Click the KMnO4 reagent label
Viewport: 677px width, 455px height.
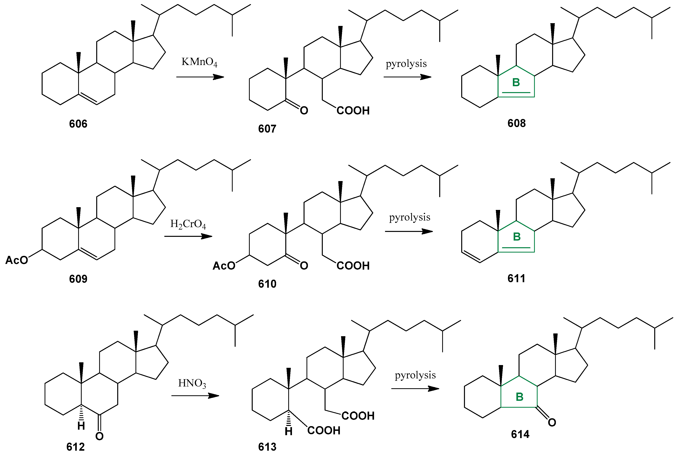199,62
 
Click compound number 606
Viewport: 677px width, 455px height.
78,124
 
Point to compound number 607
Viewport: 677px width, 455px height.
267,129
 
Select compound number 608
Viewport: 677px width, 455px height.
516,123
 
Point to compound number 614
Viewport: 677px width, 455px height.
520,434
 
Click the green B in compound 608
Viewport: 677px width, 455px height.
516,83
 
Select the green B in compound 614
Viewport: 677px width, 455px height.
520,397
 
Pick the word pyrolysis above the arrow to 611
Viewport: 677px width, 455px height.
410,217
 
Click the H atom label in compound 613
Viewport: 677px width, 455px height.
288,431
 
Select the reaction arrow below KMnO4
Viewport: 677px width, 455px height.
200,77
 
